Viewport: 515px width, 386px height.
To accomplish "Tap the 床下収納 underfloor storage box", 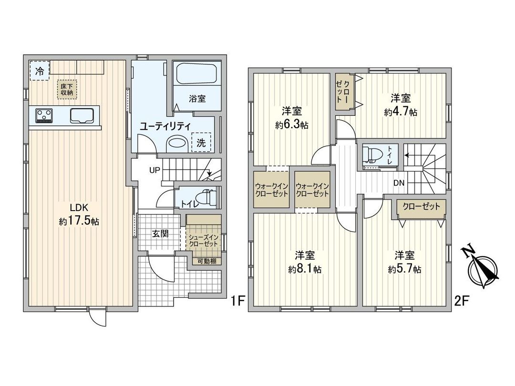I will point(66,89).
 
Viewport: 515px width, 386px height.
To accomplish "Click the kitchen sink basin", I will point(82,115).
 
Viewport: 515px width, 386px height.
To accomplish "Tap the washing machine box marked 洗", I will point(202,142).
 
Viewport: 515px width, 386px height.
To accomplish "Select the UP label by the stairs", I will point(154,170).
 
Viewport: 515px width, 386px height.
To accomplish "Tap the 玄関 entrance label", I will point(160,234).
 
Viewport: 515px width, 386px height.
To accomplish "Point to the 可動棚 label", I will point(204,261).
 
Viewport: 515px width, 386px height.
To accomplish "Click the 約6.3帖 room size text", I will point(291,125).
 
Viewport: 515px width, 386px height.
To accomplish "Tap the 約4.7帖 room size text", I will point(401,112).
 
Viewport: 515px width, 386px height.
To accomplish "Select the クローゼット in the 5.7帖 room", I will point(421,207).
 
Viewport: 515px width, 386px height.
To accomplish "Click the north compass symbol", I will point(483,268).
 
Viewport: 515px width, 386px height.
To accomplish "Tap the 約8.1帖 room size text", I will point(304,269).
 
